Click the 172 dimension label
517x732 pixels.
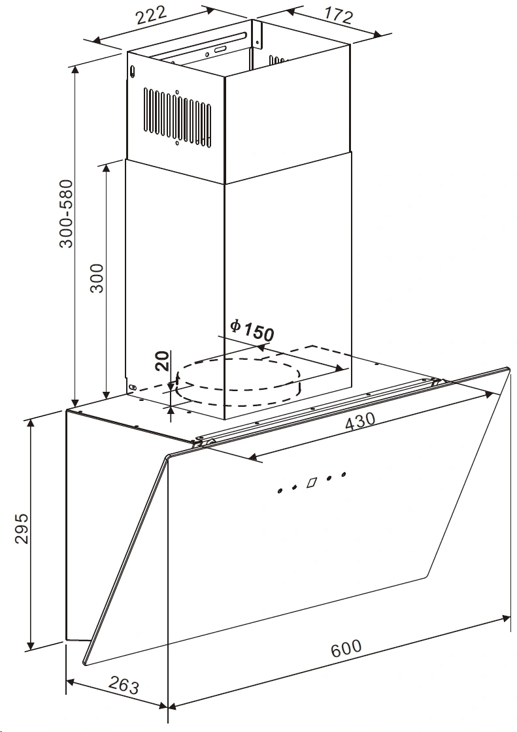tap(338, 16)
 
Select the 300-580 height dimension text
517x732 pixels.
tap(67, 214)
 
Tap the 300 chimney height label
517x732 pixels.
tap(97, 278)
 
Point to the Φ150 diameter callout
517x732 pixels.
tap(252, 330)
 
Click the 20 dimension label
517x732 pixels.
tap(162, 360)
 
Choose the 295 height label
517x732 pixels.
tap(22, 528)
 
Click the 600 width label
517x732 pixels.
tap(346, 648)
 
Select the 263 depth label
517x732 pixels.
tap(124, 686)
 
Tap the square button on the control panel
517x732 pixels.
tap(312, 482)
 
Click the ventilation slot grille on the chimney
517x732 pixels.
tap(177, 117)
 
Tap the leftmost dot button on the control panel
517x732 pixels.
tap(280, 491)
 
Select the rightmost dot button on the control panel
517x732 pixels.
tap(344, 474)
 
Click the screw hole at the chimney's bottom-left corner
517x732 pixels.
tap(132, 387)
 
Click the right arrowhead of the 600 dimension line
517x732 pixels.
tap(506, 618)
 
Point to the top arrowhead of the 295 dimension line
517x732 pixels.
tap(31, 422)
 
